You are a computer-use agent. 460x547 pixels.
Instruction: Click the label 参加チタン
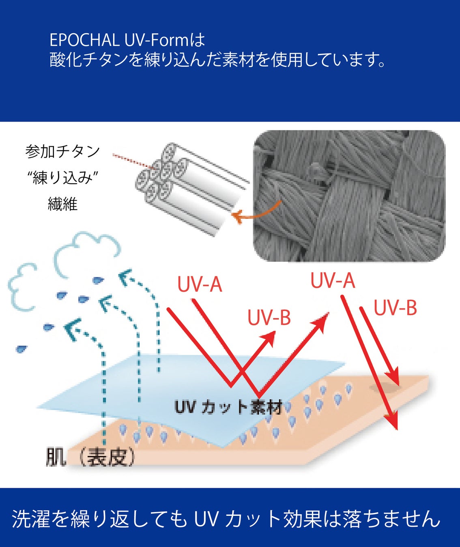point(62,152)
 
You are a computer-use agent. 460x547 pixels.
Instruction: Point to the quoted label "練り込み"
point(62,177)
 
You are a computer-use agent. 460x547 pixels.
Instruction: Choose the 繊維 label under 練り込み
point(62,204)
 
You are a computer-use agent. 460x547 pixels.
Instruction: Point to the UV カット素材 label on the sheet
point(228,407)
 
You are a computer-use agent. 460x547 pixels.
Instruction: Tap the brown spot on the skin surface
point(384,388)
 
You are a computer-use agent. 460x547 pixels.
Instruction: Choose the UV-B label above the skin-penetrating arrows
point(395,308)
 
